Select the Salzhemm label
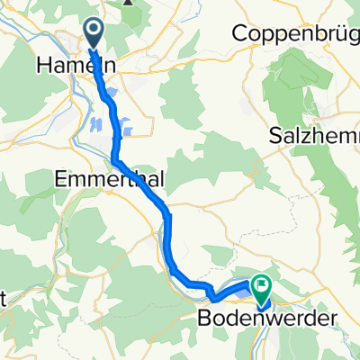tap(314, 135)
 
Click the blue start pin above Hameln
tap(94, 32)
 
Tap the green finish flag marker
tap(261, 288)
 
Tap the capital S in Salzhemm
tap(275, 135)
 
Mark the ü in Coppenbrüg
tap(335, 32)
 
